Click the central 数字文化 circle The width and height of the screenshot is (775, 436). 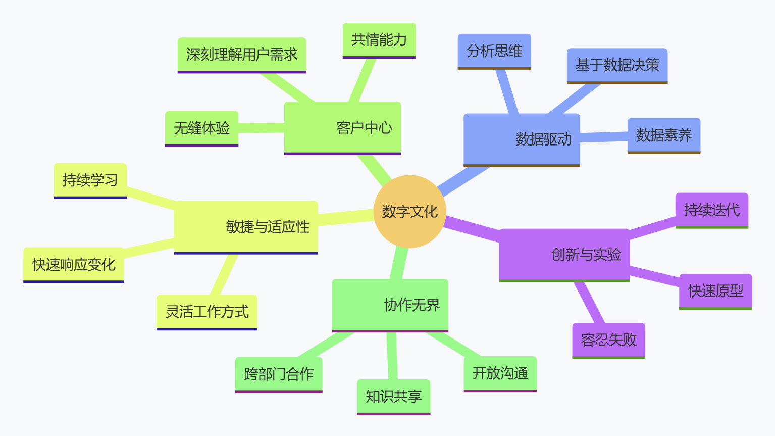409,211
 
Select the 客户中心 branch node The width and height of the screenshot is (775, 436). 342,127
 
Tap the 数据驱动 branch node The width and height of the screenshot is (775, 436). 522,139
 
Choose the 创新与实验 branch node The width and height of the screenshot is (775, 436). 564,254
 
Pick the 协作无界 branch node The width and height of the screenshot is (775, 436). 390,305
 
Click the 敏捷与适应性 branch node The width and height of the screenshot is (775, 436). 246,226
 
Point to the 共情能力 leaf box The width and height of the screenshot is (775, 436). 379,40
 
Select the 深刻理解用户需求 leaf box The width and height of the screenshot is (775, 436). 242,55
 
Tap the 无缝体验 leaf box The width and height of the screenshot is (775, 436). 201,128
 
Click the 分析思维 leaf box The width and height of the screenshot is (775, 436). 494,51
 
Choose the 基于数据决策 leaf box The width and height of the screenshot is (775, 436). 617,65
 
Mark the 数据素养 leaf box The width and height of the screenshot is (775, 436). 663,135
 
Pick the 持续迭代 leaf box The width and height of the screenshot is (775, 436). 711,210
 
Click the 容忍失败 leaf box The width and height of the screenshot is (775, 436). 608,340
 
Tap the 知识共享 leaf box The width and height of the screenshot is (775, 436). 393,397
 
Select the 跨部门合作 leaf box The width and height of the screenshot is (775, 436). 279,374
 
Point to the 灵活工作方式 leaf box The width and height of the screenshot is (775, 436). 207,312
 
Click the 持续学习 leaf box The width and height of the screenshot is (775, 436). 90,180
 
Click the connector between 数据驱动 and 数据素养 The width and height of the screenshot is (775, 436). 604,137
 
